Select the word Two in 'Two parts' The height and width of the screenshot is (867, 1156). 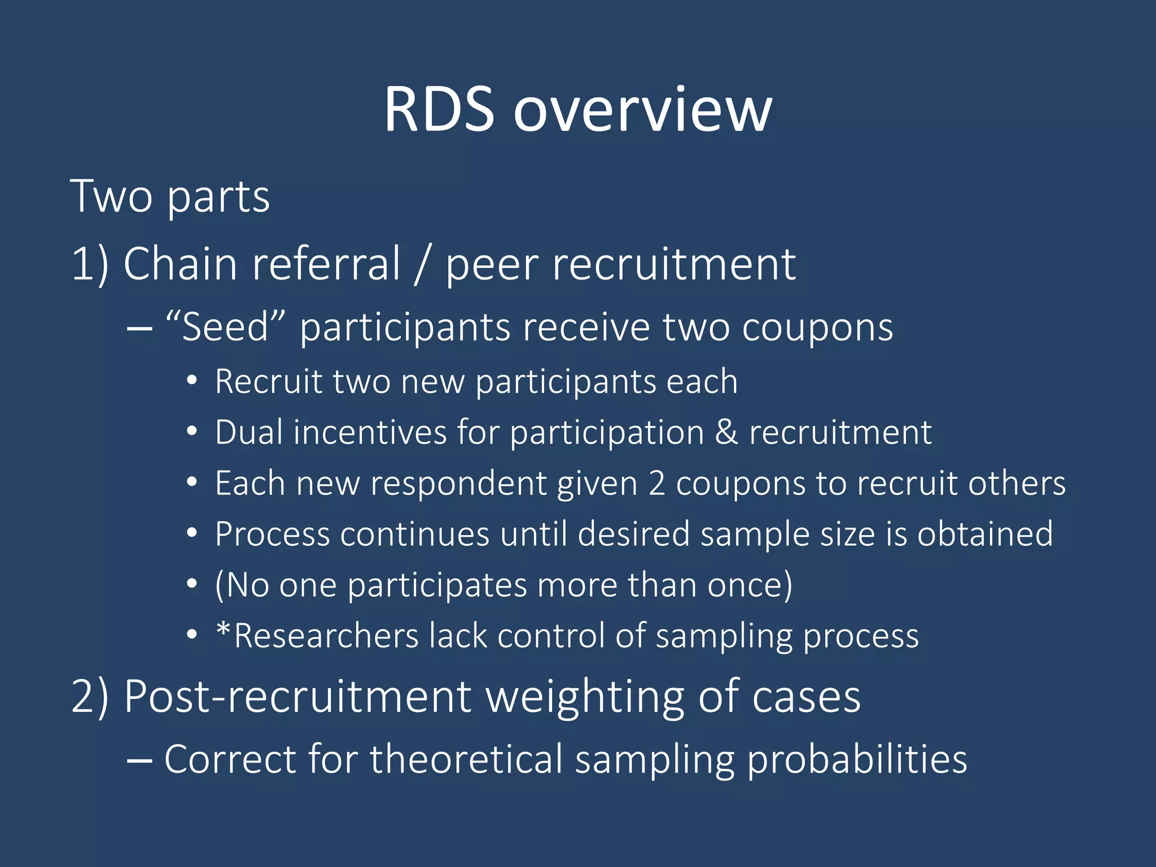pyautogui.click(x=111, y=196)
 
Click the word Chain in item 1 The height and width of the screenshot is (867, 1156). pyautogui.click(x=180, y=264)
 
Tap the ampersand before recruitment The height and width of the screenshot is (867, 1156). pyautogui.click(x=726, y=432)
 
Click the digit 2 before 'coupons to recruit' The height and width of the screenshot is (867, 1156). pyautogui.click(x=656, y=484)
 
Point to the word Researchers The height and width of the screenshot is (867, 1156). pyautogui.click(x=326, y=636)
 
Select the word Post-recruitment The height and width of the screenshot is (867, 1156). pyautogui.click(x=297, y=697)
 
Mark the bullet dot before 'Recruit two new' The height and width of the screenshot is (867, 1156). pyautogui.click(x=192, y=382)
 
